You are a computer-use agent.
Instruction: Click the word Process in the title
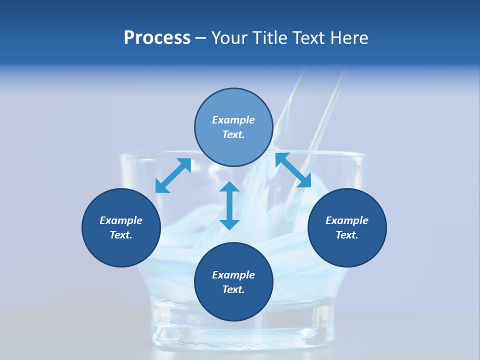157,38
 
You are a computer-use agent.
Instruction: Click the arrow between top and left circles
173,175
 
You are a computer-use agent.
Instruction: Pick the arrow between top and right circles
293,170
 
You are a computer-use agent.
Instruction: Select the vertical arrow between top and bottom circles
229,205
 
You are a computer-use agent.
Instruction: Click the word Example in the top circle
233,120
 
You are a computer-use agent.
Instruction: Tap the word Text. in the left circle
121,235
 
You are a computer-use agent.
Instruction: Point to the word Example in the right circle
347,220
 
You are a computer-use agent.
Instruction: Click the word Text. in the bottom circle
233,289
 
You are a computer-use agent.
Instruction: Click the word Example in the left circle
121,220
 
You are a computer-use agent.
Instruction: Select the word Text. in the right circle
347,235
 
